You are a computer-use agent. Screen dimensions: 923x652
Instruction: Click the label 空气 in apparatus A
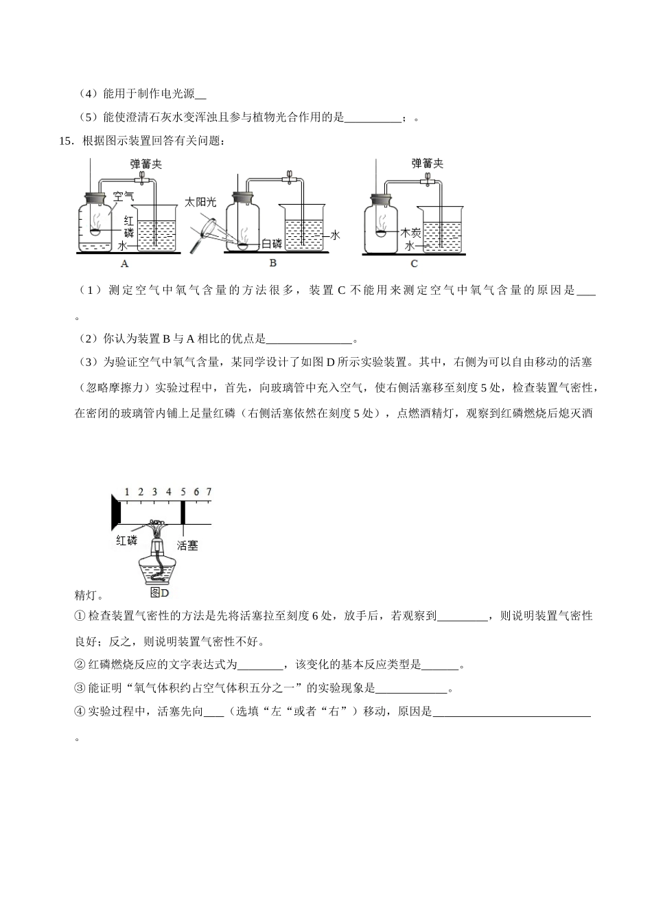pos(124,196)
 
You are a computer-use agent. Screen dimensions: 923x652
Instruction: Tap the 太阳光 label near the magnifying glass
pos(200,202)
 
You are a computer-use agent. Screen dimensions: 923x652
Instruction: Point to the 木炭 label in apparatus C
pos(410,233)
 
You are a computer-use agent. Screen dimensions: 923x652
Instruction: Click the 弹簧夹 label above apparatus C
pos(427,163)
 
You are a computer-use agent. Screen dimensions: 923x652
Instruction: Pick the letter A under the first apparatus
pos(124,264)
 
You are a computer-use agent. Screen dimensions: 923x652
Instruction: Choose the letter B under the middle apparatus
pos(272,263)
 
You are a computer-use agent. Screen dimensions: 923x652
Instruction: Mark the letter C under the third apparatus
pos(414,264)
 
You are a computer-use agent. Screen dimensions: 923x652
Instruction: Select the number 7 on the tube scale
pos(209,492)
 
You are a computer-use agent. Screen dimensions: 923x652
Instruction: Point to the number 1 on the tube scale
pos(126,492)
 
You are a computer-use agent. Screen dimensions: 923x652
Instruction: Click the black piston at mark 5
pos(183,512)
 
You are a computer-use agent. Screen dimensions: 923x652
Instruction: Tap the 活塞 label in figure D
pos(187,545)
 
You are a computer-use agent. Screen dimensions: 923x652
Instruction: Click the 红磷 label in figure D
pos(127,540)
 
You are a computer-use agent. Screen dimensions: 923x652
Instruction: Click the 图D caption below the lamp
pos(159,592)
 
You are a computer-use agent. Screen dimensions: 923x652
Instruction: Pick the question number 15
pos(67,141)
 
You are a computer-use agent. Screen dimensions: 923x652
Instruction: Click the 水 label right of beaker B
pos(336,235)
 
